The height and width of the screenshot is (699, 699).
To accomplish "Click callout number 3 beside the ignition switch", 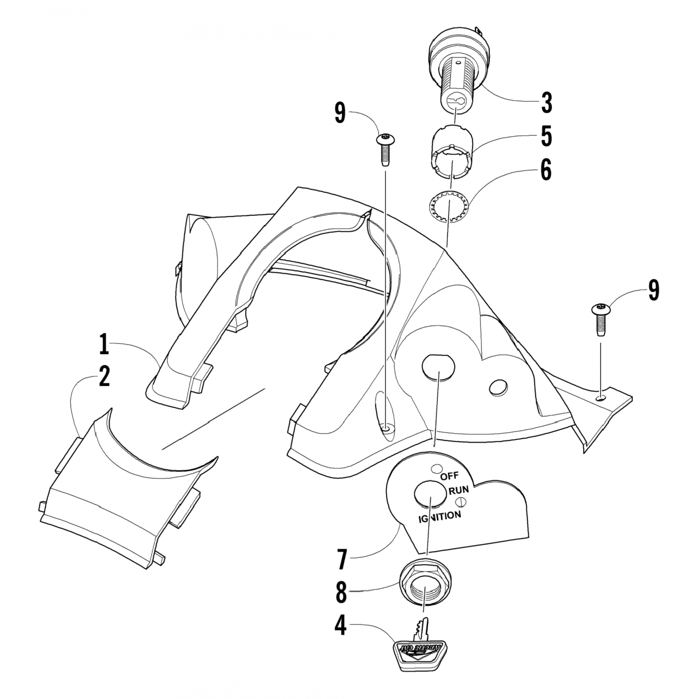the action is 546,103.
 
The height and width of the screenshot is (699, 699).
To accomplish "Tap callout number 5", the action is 546,137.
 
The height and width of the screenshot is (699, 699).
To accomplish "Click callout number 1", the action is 103,345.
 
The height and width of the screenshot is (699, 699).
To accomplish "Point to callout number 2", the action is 103,376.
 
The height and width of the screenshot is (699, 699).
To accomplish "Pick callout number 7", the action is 342,560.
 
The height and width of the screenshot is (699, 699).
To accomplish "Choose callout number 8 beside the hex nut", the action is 342,593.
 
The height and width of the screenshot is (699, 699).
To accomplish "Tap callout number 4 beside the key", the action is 342,626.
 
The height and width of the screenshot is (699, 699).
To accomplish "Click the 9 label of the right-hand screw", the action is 653,290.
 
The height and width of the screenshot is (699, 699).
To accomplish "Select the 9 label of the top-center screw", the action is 340,113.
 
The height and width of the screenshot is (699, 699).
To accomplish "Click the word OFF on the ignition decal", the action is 450,476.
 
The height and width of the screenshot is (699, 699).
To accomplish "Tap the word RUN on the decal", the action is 459,490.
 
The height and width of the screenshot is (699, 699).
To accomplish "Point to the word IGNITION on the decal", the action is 439,516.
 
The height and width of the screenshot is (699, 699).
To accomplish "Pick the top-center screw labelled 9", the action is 385,148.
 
